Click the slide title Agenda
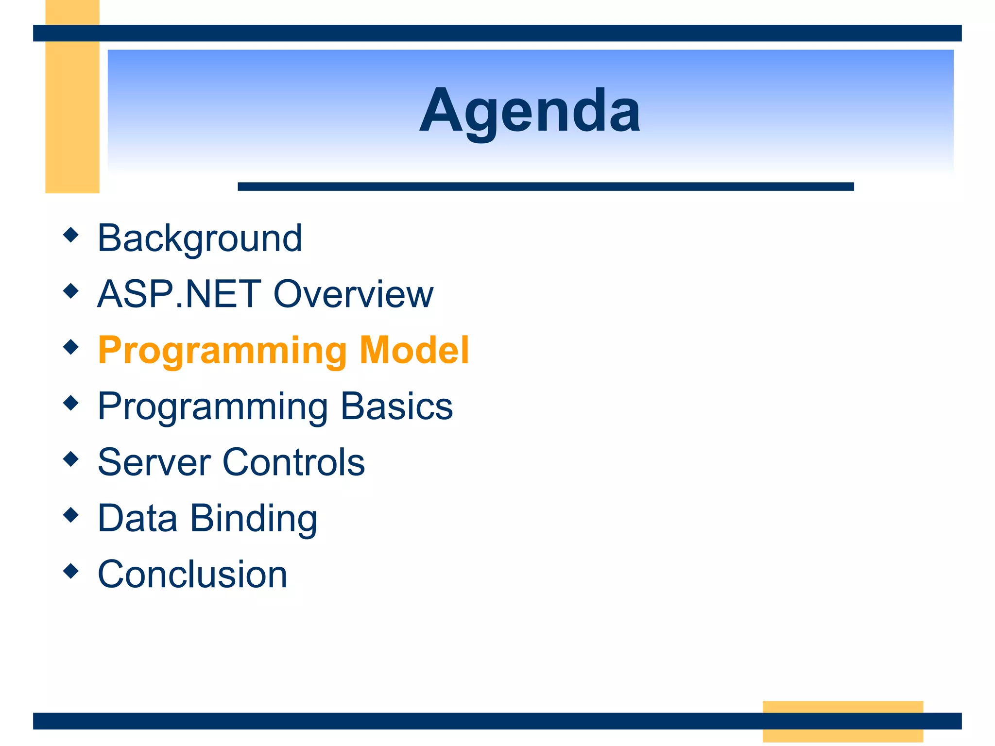pos(530,112)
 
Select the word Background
pos(200,238)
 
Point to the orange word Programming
pos(223,352)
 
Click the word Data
pos(137,518)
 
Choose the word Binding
pos(254,520)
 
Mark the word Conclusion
pos(193,574)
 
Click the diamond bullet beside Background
pos(71,235)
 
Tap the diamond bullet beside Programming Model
pos(71,347)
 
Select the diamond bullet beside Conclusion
pos(71,571)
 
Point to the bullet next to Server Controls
pos(71,459)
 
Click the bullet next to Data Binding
pos(71,515)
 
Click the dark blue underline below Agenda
pos(546,186)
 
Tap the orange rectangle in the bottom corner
pos(843,721)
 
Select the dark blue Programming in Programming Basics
pos(213,408)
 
